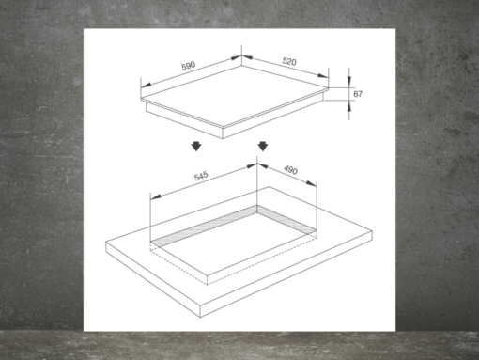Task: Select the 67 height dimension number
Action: coord(358,94)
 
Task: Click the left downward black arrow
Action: coord(194,147)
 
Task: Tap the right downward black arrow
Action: coord(264,147)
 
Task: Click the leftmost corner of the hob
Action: coord(142,96)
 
